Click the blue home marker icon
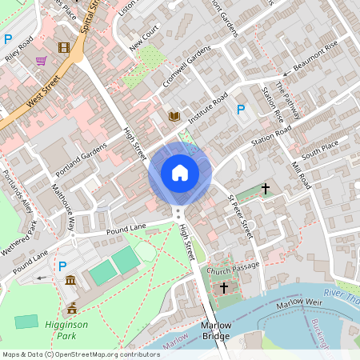coord(180,173)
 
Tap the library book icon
coord(174,117)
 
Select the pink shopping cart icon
coord(40,61)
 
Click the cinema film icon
coord(63,48)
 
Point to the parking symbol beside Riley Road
coord(8,38)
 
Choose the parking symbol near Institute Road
coord(239,109)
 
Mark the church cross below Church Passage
coord(224,286)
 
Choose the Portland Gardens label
coord(82,160)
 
